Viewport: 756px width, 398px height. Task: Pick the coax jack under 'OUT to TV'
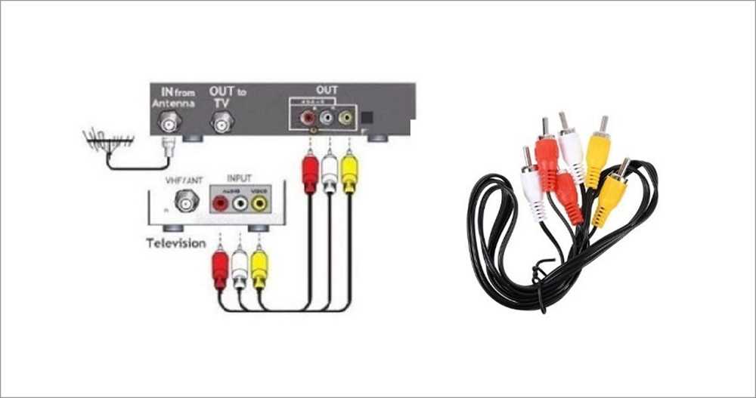(221, 120)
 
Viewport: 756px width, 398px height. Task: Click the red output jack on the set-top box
(308, 118)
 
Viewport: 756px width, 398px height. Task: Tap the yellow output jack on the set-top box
(345, 118)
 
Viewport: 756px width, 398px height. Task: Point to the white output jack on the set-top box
(327, 118)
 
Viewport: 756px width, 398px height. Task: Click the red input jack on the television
(220, 202)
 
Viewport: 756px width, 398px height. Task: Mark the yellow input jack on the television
(259, 202)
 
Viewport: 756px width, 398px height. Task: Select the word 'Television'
(176, 243)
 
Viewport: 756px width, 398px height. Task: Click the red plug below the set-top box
(309, 172)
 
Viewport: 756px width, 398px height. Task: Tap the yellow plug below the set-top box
(349, 172)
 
